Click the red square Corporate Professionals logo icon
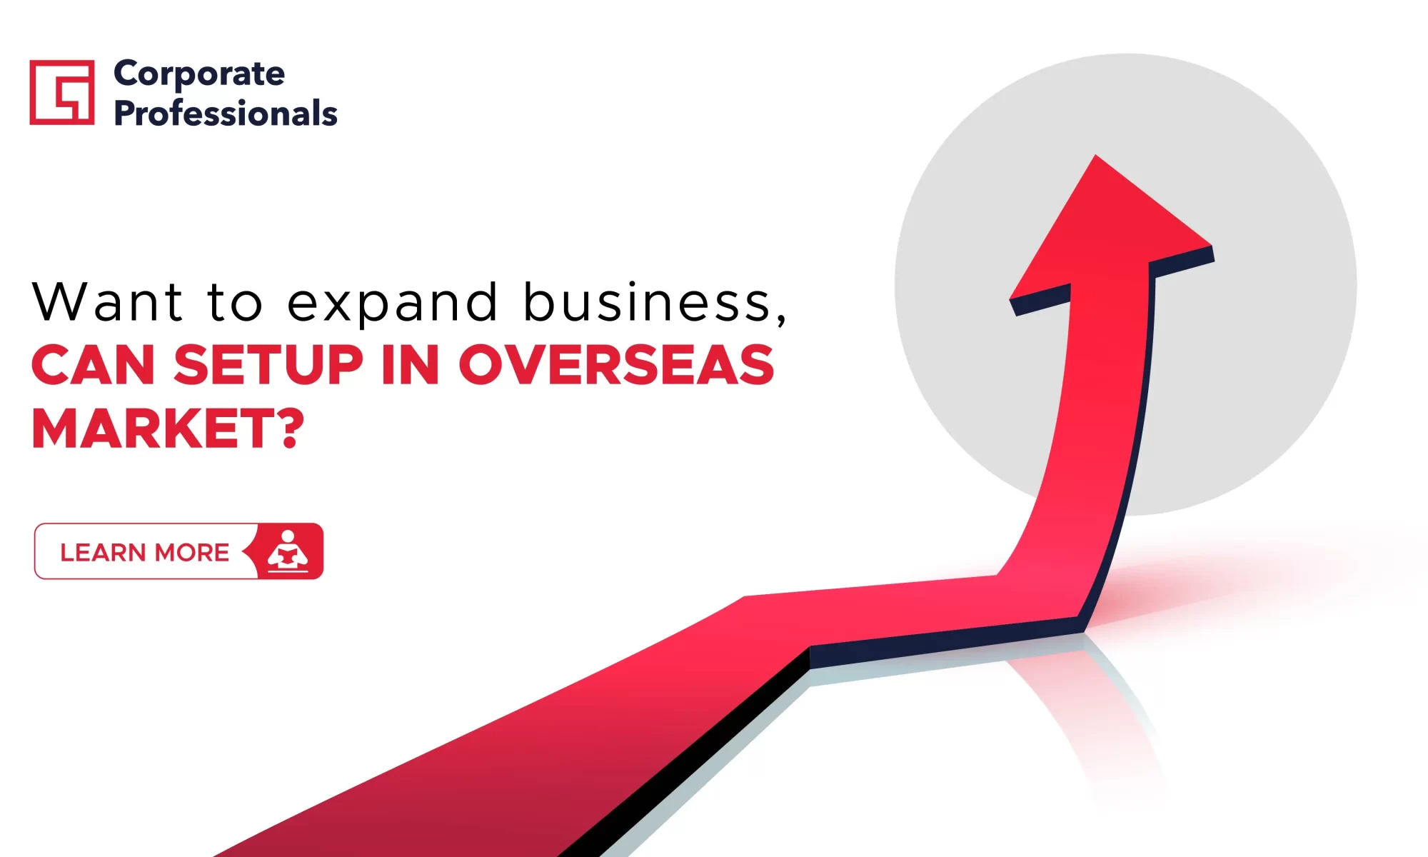click(62, 92)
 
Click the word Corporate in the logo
click(199, 74)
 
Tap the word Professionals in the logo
click(226, 113)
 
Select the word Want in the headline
click(108, 301)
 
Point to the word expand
click(393, 301)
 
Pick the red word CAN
click(93, 365)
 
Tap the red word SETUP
click(268, 365)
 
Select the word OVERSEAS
click(616, 365)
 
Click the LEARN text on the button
click(103, 552)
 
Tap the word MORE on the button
click(192, 552)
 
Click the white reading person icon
click(288, 551)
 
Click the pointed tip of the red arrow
click(1096, 156)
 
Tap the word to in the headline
click(235, 301)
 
